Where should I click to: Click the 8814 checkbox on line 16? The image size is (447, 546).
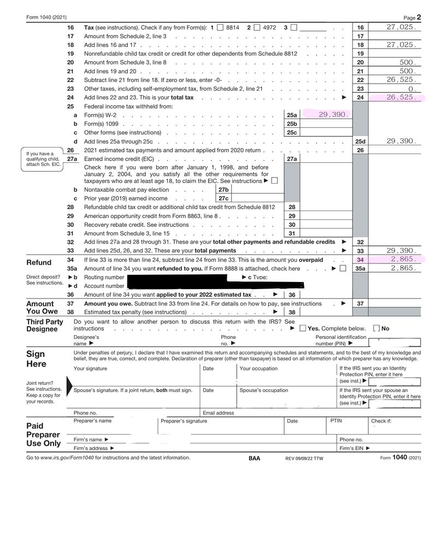point(220,27)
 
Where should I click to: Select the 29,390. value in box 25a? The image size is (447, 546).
point(333,115)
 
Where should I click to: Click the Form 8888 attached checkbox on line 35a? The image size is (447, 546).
point(343,268)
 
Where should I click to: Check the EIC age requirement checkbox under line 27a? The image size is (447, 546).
point(274,181)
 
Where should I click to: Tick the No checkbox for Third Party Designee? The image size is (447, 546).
point(376,328)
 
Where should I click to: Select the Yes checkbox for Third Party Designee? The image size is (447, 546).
point(302,328)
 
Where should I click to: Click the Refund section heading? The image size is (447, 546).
point(39,262)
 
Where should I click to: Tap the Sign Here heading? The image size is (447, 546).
point(36,359)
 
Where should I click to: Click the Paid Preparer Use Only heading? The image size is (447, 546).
point(43,435)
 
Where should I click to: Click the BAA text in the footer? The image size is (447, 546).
point(254,458)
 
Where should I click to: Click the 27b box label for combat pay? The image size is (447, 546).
point(223,190)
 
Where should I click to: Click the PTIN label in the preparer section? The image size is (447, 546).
point(336,421)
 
